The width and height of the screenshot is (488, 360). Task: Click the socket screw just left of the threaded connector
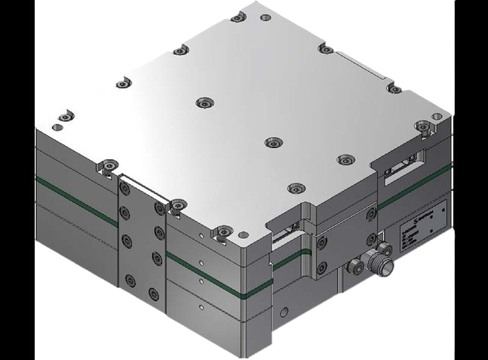tap(353, 266)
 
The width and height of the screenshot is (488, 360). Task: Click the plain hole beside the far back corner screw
tap(264, 17)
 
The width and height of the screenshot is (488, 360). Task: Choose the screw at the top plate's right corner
tap(421, 125)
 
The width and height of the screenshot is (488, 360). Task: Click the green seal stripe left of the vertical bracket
tap(75, 200)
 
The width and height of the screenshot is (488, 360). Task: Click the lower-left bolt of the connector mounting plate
tap(322, 268)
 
